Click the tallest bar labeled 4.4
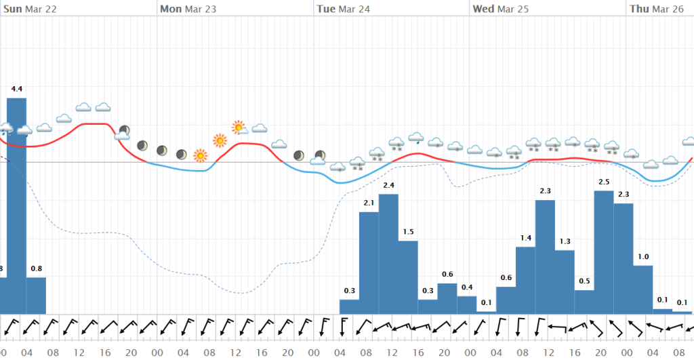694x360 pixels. click(16, 203)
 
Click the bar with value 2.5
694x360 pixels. click(604, 252)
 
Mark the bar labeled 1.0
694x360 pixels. click(643, 289)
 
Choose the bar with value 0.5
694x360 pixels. click(584, 301)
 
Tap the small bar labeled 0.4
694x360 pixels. click(467, 304)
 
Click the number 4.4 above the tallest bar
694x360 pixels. click(17, 89)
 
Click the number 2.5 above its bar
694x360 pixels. click(605, 182)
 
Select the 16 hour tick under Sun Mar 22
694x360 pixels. click(105, 353)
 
